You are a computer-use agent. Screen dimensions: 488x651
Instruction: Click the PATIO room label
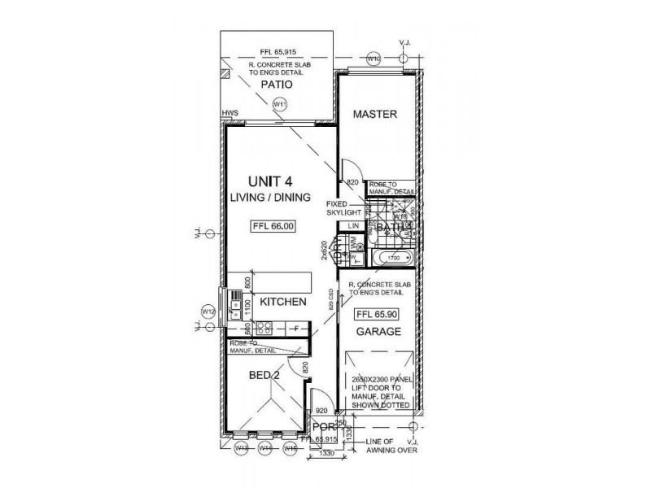(x=276, y=84)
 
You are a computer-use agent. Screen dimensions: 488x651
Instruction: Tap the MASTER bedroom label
(x=374, y=115)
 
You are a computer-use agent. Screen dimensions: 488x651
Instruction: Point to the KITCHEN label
(x=282, y=302)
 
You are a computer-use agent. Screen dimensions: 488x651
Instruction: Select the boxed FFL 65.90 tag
(x=375, y=313)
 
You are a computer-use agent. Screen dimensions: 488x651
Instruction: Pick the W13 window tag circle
(x=242, y=447)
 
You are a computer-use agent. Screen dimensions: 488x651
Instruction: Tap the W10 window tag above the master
(x=374, y=59)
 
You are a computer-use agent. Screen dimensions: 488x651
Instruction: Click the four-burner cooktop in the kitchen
(x=264, y=328)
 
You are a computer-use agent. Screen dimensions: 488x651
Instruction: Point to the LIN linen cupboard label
(x=354, y=225)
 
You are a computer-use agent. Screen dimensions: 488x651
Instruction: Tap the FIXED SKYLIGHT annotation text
(x=343, y=207)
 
